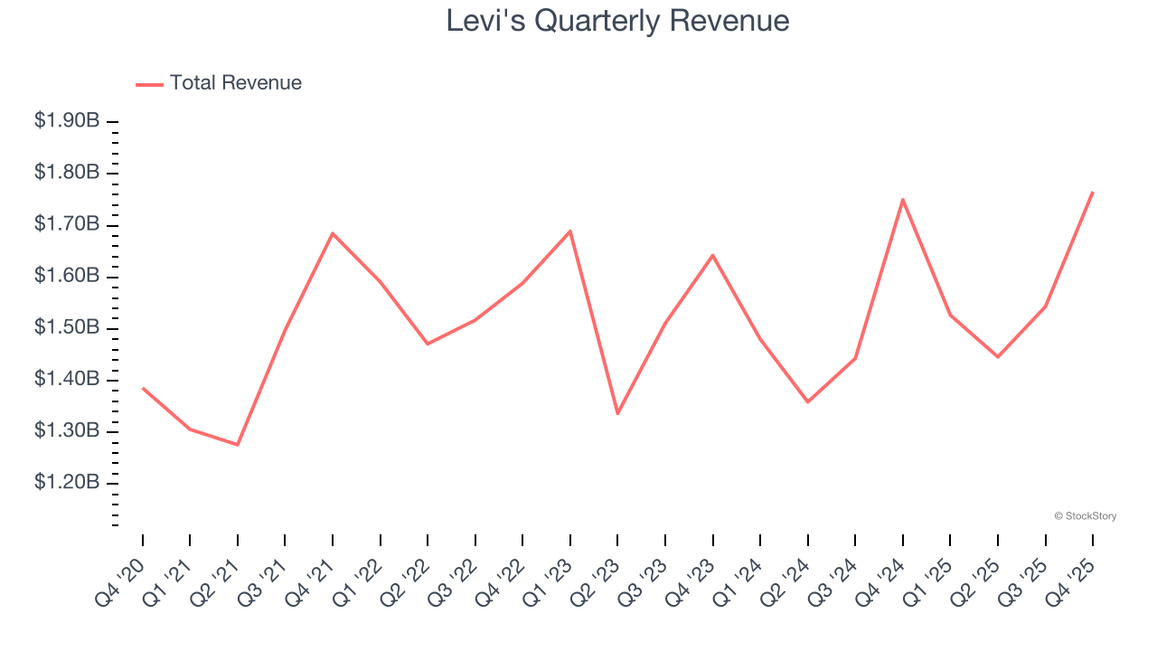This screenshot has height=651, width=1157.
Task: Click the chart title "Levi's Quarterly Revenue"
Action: (617, 21)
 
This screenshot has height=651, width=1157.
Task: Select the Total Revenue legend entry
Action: (219, 83)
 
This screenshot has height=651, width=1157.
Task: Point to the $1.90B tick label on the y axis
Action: (67, 121)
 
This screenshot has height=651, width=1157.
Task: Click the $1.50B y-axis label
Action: (67, 327)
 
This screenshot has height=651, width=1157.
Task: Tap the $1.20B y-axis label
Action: (67, 483)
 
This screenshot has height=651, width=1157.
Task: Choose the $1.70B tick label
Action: (67, 224)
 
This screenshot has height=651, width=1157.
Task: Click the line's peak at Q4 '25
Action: (1092, 193)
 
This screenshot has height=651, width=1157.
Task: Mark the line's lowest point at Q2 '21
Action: (238, 445)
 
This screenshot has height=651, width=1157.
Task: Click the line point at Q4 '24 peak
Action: (902, 200)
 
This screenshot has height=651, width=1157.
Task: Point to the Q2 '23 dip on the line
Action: (617, 413)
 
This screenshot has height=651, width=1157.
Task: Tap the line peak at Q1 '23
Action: (570, 231)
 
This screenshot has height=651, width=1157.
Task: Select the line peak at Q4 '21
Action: (333, 233)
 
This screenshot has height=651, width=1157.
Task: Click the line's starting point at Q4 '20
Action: (143, 388)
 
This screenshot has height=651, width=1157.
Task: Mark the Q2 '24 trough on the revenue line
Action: (807, 401)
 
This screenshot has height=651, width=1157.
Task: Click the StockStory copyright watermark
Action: (1085, 516)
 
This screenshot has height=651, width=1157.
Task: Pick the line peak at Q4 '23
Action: (712, 255)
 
